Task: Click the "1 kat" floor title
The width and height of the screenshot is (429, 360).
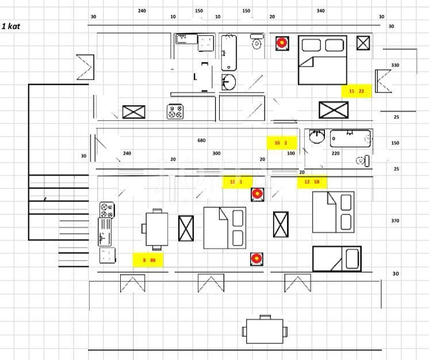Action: click(12, 26)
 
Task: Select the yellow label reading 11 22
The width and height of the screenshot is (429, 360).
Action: click(357, 91)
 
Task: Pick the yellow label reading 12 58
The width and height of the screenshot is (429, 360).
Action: click(312, 182)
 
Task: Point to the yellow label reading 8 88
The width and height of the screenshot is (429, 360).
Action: click(149, 261)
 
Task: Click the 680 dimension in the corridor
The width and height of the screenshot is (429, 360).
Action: click(201, 140)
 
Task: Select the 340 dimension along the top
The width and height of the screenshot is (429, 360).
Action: click(320, 11)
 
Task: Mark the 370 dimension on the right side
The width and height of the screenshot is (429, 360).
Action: click(395, 221)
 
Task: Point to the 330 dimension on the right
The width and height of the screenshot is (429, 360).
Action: click(395, 66)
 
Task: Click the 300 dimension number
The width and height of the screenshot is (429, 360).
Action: click(216, 154)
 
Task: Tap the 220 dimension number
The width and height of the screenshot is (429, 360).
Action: click(335, 154)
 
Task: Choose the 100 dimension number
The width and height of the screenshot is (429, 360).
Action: click(291, 154)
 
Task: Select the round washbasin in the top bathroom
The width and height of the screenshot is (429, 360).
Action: click(228, 82)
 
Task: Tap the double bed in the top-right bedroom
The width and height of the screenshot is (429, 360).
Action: click(322, 60)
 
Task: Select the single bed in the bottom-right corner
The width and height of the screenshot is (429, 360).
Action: click(337, 258)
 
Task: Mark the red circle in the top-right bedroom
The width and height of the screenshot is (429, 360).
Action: click(281, 43)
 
